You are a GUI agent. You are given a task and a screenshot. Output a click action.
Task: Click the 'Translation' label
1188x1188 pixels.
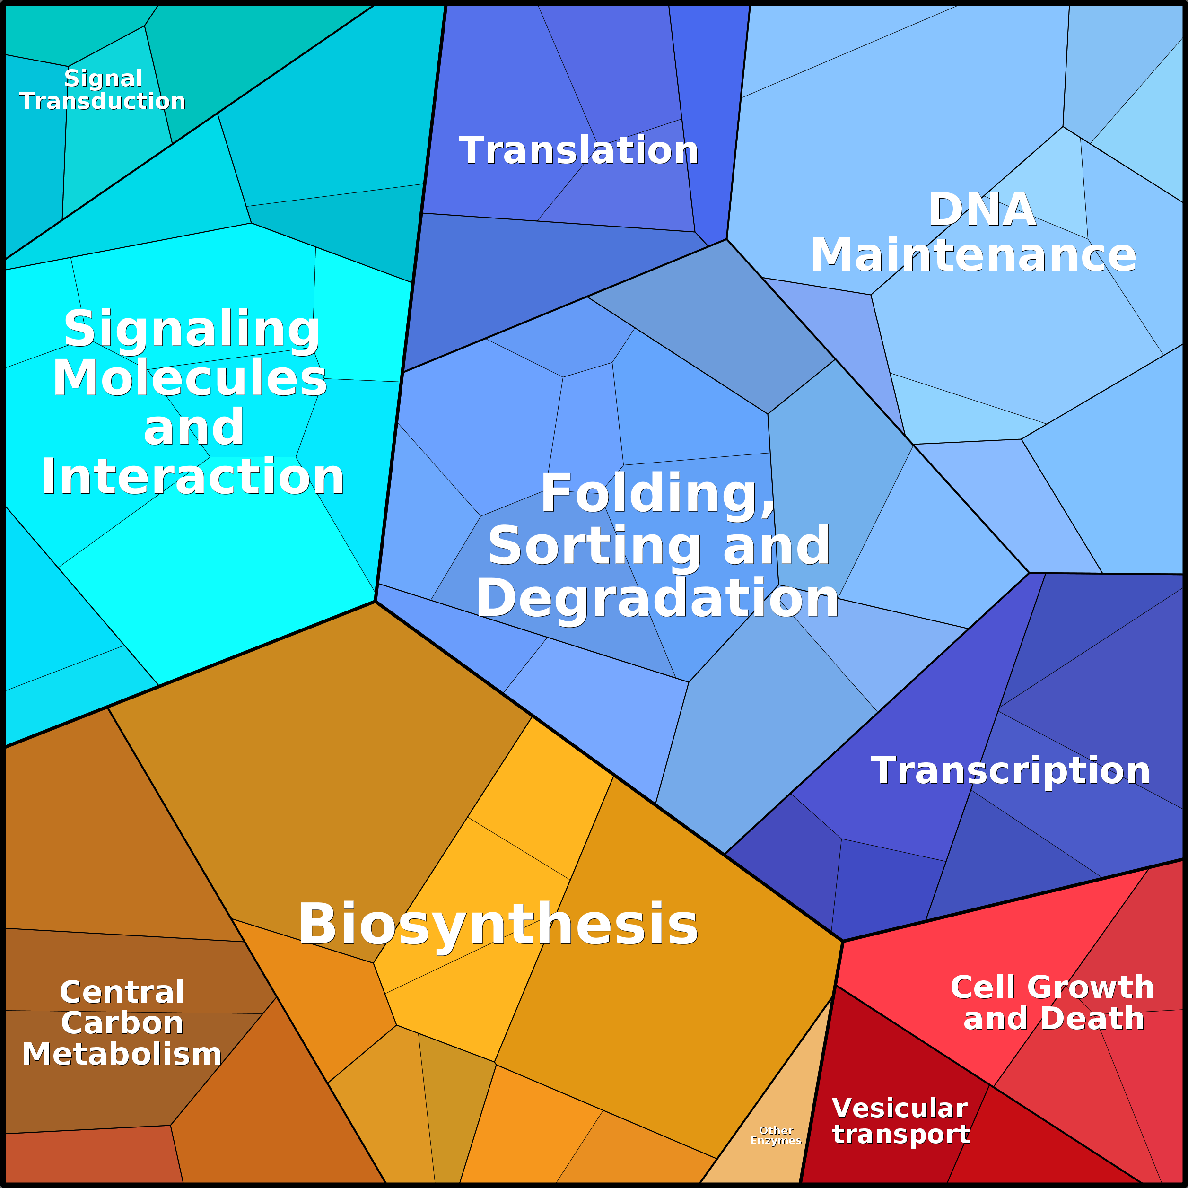click(x=578, y=151)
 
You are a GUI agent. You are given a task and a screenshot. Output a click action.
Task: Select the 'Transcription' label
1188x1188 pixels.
click(x=1010, y=770)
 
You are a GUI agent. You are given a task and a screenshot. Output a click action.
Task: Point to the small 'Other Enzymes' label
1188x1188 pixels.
click(x=776, y=1136)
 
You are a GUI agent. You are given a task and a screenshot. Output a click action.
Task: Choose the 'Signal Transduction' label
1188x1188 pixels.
click(x=103, y=90)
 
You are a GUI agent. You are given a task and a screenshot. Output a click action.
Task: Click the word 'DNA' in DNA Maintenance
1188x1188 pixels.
click(x=982, y=210)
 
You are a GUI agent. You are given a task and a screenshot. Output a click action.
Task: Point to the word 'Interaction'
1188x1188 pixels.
click(x=192, y=477)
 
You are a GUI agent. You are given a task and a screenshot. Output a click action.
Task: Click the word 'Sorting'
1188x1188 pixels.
click(x=594, y=546)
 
